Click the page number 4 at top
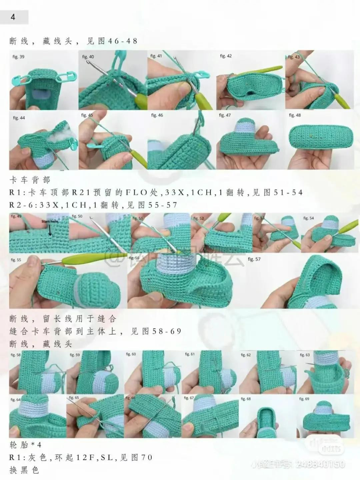[x=13, y=17]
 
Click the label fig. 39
[x=18, y=57]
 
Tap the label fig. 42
[x=226, y=56]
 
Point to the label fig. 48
[x=295, y=115]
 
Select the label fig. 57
[x=254, y=259]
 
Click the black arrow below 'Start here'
[x=50, y=230]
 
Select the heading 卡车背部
[x=30, y=180]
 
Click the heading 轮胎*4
[x=25, y=445]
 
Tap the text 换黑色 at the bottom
[x=24, y=470]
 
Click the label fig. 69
[x=304, y=399]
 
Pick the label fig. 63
[x=305, y=355]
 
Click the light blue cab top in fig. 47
[x=245, y=129]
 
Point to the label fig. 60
[x=131, y=354]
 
